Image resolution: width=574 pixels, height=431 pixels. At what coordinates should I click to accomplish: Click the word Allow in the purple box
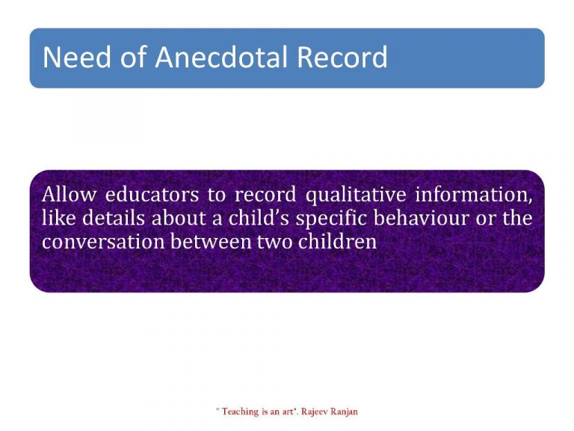point(68,195)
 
